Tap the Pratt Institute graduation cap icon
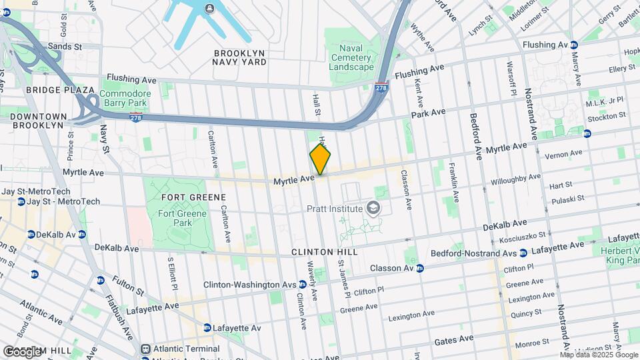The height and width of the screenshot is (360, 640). coord(375,209)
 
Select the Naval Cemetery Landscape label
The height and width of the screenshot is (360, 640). coord(351,58)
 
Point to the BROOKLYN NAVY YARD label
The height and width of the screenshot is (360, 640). coord(239,57)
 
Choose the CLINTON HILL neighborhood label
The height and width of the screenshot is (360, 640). coord(325,252)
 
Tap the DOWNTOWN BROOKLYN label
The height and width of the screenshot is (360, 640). coord(39,121)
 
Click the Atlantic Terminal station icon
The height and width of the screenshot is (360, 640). coord(146,349)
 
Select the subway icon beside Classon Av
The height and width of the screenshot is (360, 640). coord(420,269)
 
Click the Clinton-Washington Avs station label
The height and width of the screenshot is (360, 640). coord(250,285)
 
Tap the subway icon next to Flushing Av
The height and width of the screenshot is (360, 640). coord(574,45)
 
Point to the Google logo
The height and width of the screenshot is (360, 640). coord(22,351)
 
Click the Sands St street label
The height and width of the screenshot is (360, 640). coord(64,47)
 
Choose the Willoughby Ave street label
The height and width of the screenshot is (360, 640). coord(515,179)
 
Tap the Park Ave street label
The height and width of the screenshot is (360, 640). coord(428,113)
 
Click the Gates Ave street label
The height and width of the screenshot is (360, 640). coord(453,339)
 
